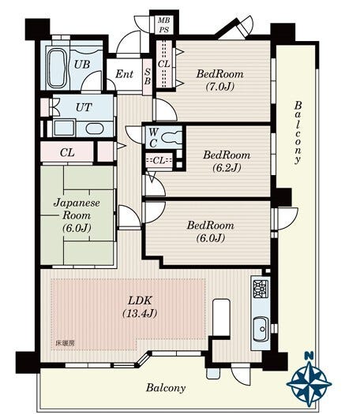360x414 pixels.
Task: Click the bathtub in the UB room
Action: [x=58, y=69]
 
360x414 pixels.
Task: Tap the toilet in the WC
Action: [x=171, y=137]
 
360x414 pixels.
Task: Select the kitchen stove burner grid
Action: [x=261, y=288]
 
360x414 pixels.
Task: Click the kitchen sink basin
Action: [x=261, y=329]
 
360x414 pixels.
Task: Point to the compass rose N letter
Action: [x=309, y=356]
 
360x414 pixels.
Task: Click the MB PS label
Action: [x=164, y=24]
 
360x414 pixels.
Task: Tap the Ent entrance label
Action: [x=124, y=74]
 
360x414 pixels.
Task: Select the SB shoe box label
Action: [x=148, y=76]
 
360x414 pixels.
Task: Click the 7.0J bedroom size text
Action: [x=220, y=86]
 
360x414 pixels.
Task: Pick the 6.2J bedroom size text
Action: [x=227, y=167]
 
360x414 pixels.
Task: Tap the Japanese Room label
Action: [x=77, y=209]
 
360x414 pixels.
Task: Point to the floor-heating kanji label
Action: [x=65, y=343]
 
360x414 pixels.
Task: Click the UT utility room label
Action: [x=84, y=107]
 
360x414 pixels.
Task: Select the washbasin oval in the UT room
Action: [x=95, y=129]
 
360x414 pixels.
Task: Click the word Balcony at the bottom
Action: [x=166, y=388]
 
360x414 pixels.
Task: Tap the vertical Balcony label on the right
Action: [x=298, y=132]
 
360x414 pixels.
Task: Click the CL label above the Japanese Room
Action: [x=67, y=152]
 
